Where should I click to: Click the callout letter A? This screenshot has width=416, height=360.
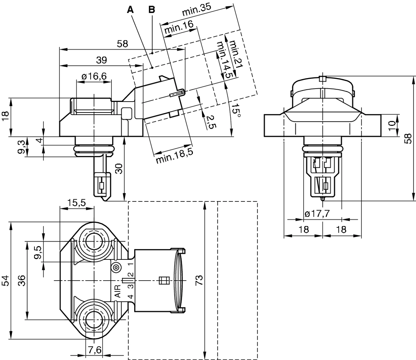(131, 9)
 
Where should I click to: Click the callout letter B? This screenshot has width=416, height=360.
(151, 9)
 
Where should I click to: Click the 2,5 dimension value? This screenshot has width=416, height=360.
(209, 122)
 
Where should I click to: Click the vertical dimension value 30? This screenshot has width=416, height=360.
(119, 169)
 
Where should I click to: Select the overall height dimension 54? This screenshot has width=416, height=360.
(6, 281)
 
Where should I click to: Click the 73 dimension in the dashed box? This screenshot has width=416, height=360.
(199, 280)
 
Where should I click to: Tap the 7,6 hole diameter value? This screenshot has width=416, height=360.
(94, 350)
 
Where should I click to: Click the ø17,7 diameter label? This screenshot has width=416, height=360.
(317, 214)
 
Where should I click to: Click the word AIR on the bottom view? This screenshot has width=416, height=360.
(118, 291)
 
